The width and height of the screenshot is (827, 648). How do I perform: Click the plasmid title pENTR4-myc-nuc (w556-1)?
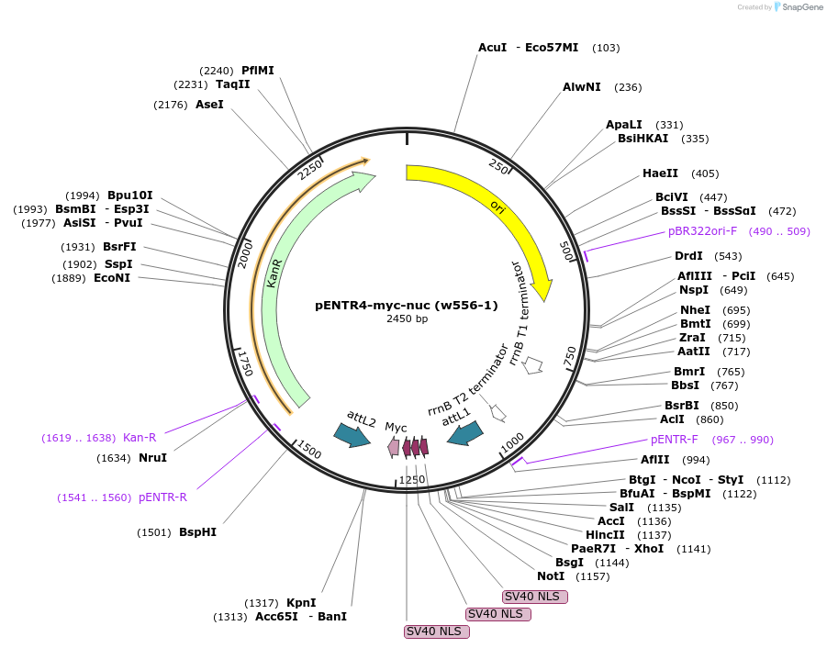(406, 305)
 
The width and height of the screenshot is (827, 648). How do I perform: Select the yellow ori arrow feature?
(496, 204)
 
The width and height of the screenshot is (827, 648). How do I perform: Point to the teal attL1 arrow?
(464, 433)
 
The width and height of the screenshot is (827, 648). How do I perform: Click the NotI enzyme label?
(551, 576)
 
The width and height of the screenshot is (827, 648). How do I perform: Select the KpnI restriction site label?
(301, 603)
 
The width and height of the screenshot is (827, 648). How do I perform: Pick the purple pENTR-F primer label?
(675, 440)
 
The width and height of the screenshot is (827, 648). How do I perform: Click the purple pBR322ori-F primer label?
(702, 231)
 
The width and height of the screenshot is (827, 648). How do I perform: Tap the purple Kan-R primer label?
(140, 438)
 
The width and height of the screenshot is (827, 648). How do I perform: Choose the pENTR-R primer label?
(162, 497)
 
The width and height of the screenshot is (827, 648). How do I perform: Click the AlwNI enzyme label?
(582, 87)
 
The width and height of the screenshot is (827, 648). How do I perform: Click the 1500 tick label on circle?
(308, 451)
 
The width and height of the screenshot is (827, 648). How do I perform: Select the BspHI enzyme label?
(197, 532)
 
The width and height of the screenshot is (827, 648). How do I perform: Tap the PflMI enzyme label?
(257, 71)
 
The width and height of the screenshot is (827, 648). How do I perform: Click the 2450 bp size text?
(407, 319)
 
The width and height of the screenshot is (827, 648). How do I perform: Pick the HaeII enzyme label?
(660, 173)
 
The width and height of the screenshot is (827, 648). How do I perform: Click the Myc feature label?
(396, 428)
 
